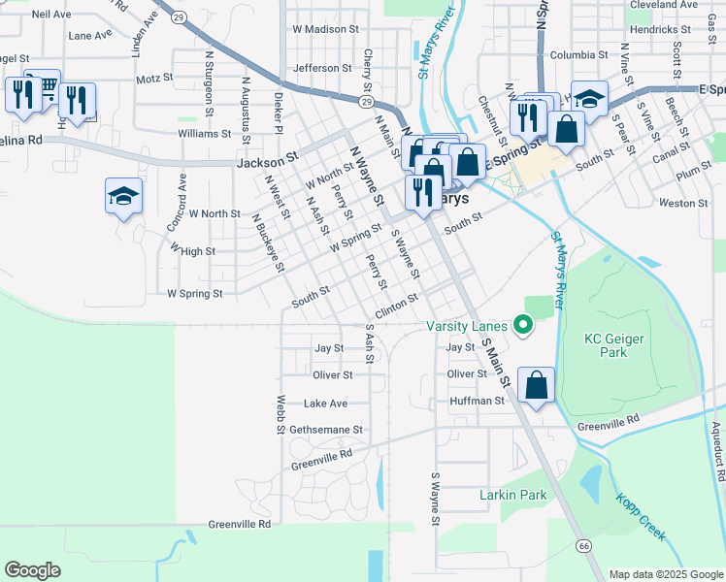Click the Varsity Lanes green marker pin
tap(524, 326)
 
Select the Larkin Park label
tap(512, 495)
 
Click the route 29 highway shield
tap(365, 101)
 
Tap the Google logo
tap(32, 570)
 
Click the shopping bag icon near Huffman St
tap(536, 385)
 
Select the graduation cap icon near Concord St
tap(123, 196)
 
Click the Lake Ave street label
tap(325, 404)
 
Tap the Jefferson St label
tap(322, 68)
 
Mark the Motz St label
tap(154, 79)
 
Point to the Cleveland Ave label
tap(663, 5)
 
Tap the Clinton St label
tap(396, 307)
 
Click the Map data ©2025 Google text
tap(665, 574)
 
